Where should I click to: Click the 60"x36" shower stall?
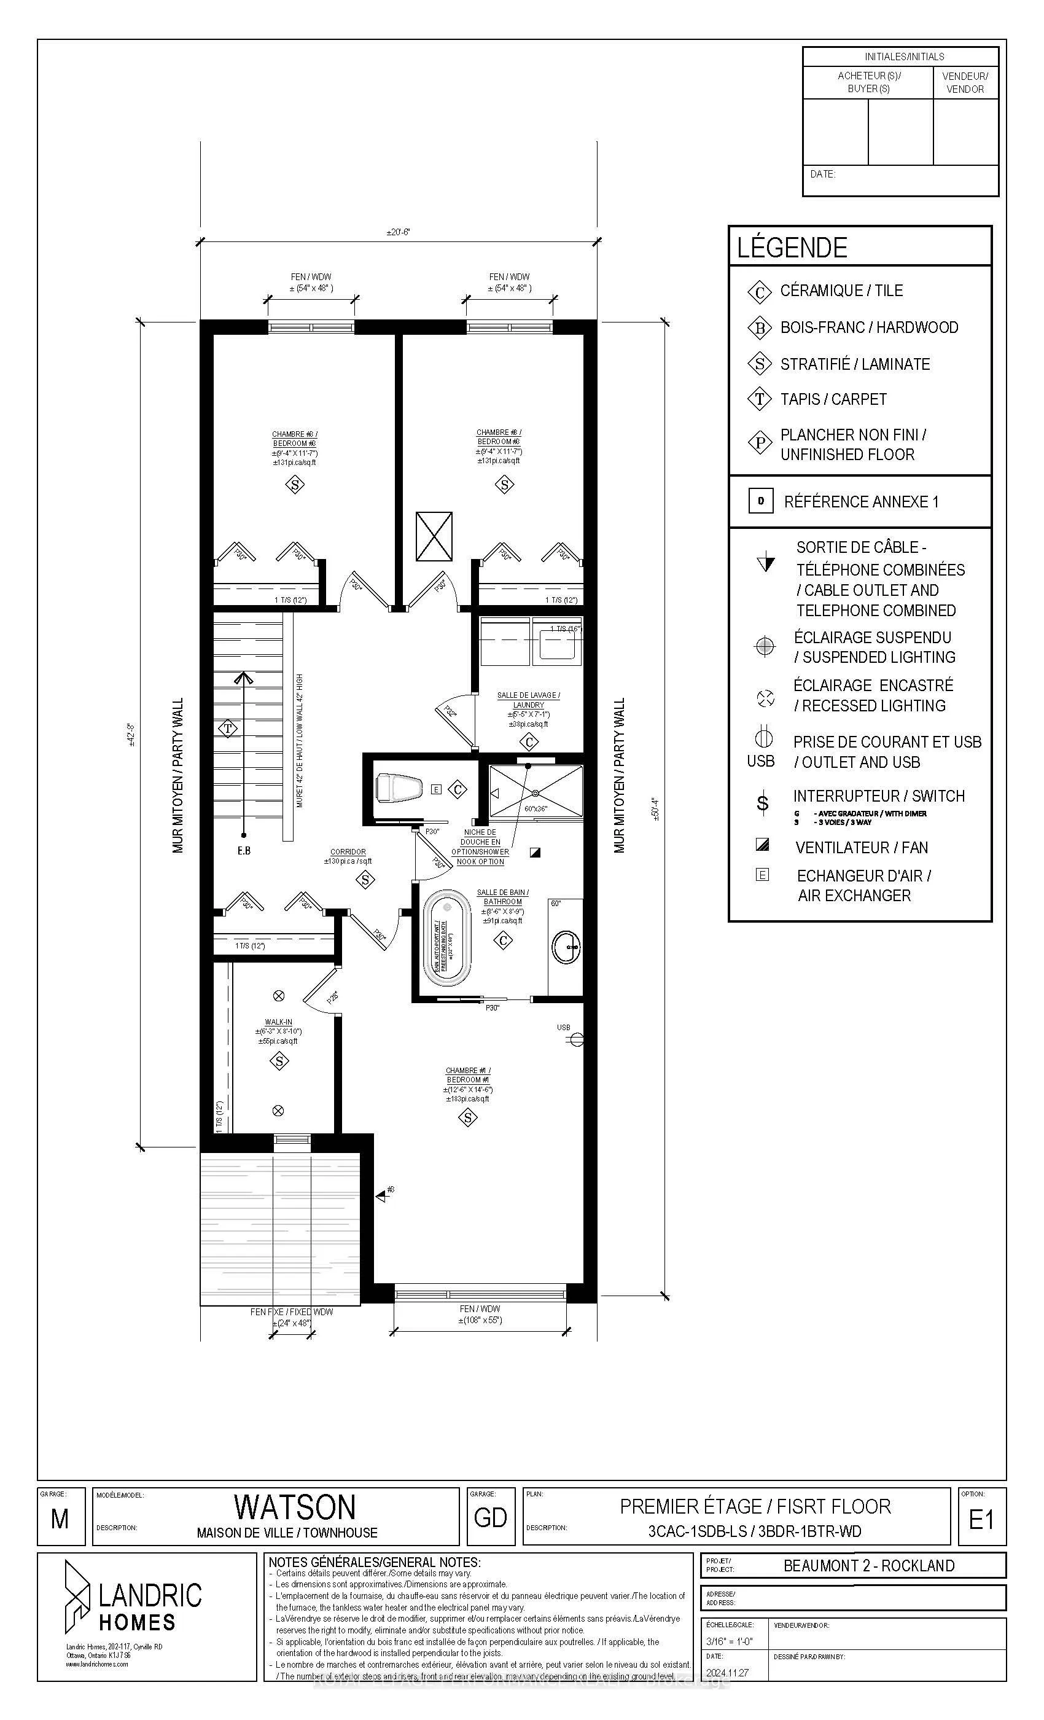(x=536, y=791)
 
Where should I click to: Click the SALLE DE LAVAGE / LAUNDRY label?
(x=528, y=700)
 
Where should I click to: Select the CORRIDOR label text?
(x=348, y=851)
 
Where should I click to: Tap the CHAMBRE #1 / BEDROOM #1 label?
(x=467, y=1075)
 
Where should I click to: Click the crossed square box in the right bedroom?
(x=434, y=536)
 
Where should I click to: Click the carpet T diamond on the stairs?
(x=228, y=729)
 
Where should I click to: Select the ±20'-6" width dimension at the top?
(x=398, y=232)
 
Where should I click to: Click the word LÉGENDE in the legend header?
(x=792, y=247)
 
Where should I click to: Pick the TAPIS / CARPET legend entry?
(x=833, y=399)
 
